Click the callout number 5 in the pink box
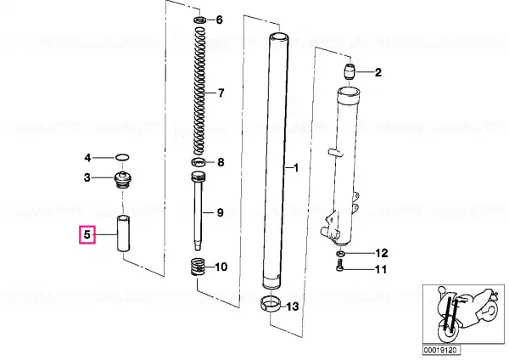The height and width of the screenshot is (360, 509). pos(87,234)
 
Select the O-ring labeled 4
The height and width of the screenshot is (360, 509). pos(122,158)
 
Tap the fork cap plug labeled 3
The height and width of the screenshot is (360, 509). pos(123,179)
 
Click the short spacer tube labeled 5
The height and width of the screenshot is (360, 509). pos(123,233)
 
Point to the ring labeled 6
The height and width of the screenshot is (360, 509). pos(200,20)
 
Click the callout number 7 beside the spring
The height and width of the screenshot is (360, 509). pos(221,93)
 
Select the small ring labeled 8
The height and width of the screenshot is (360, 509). pos(199,162)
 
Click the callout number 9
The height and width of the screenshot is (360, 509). pos(220,213)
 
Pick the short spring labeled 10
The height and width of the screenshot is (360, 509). pos(198,267)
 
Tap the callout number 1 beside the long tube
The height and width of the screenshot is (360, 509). pos(296,168)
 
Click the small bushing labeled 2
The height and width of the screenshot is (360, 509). pos(350,72)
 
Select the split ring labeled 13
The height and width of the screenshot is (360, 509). pos(271,304)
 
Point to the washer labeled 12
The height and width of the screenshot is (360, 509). pos(340,253)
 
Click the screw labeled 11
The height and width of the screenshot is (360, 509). pos(339,265)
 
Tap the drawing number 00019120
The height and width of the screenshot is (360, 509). pos(441,350)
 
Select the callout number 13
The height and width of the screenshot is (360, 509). pos(293,307)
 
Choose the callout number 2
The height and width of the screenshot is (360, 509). pos(378,72)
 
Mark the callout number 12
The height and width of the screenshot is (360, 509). pos(382,253)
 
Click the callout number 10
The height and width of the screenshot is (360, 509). pos(221,267)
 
